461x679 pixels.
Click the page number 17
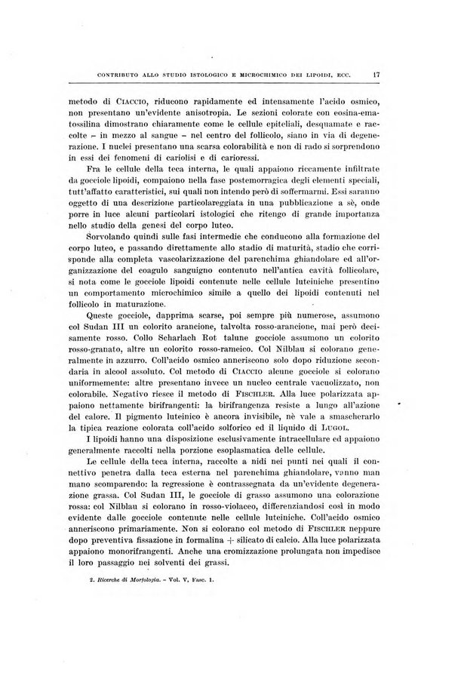(375, 74)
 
